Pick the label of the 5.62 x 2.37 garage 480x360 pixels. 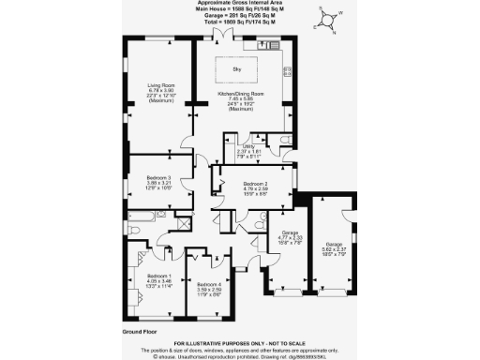[333, 247]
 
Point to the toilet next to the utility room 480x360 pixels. [284, 141]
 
